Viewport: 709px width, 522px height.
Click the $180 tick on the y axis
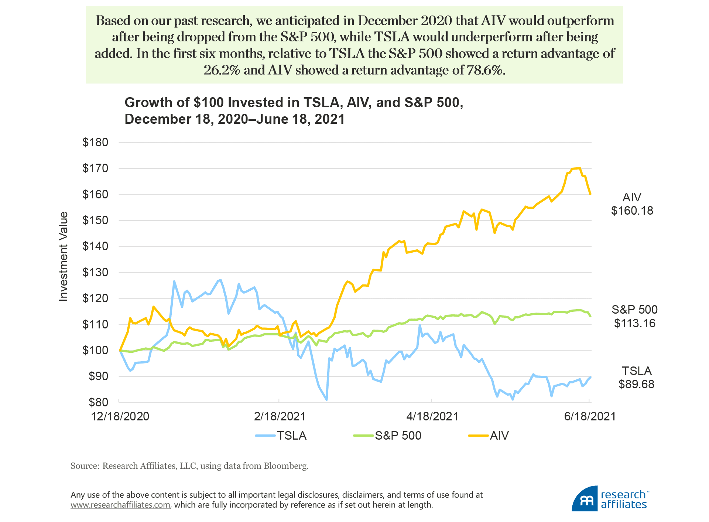tap(95, 143)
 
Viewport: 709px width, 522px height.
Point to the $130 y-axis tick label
tap(95, 273)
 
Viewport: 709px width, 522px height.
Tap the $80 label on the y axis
tap(98, 402)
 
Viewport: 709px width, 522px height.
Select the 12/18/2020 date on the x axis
tap(120, 416)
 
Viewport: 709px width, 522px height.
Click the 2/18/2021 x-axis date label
tap(280, 416)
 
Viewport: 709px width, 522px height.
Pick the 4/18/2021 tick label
tap(432, 416)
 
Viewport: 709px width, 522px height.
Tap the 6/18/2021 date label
tap(590, 416)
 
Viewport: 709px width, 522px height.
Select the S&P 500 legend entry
tap(388, 436)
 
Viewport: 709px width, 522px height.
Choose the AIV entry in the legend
tap(489, 436)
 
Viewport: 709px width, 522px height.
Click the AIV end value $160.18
tap(632, 211)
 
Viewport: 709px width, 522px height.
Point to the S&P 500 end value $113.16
tap(634, 323)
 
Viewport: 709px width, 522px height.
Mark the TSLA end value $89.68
tap(636, 384)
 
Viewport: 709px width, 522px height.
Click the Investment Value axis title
tap(64, 256)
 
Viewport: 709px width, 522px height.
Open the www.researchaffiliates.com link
tap(120, 505)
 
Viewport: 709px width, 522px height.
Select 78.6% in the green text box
tap(485, 70)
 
